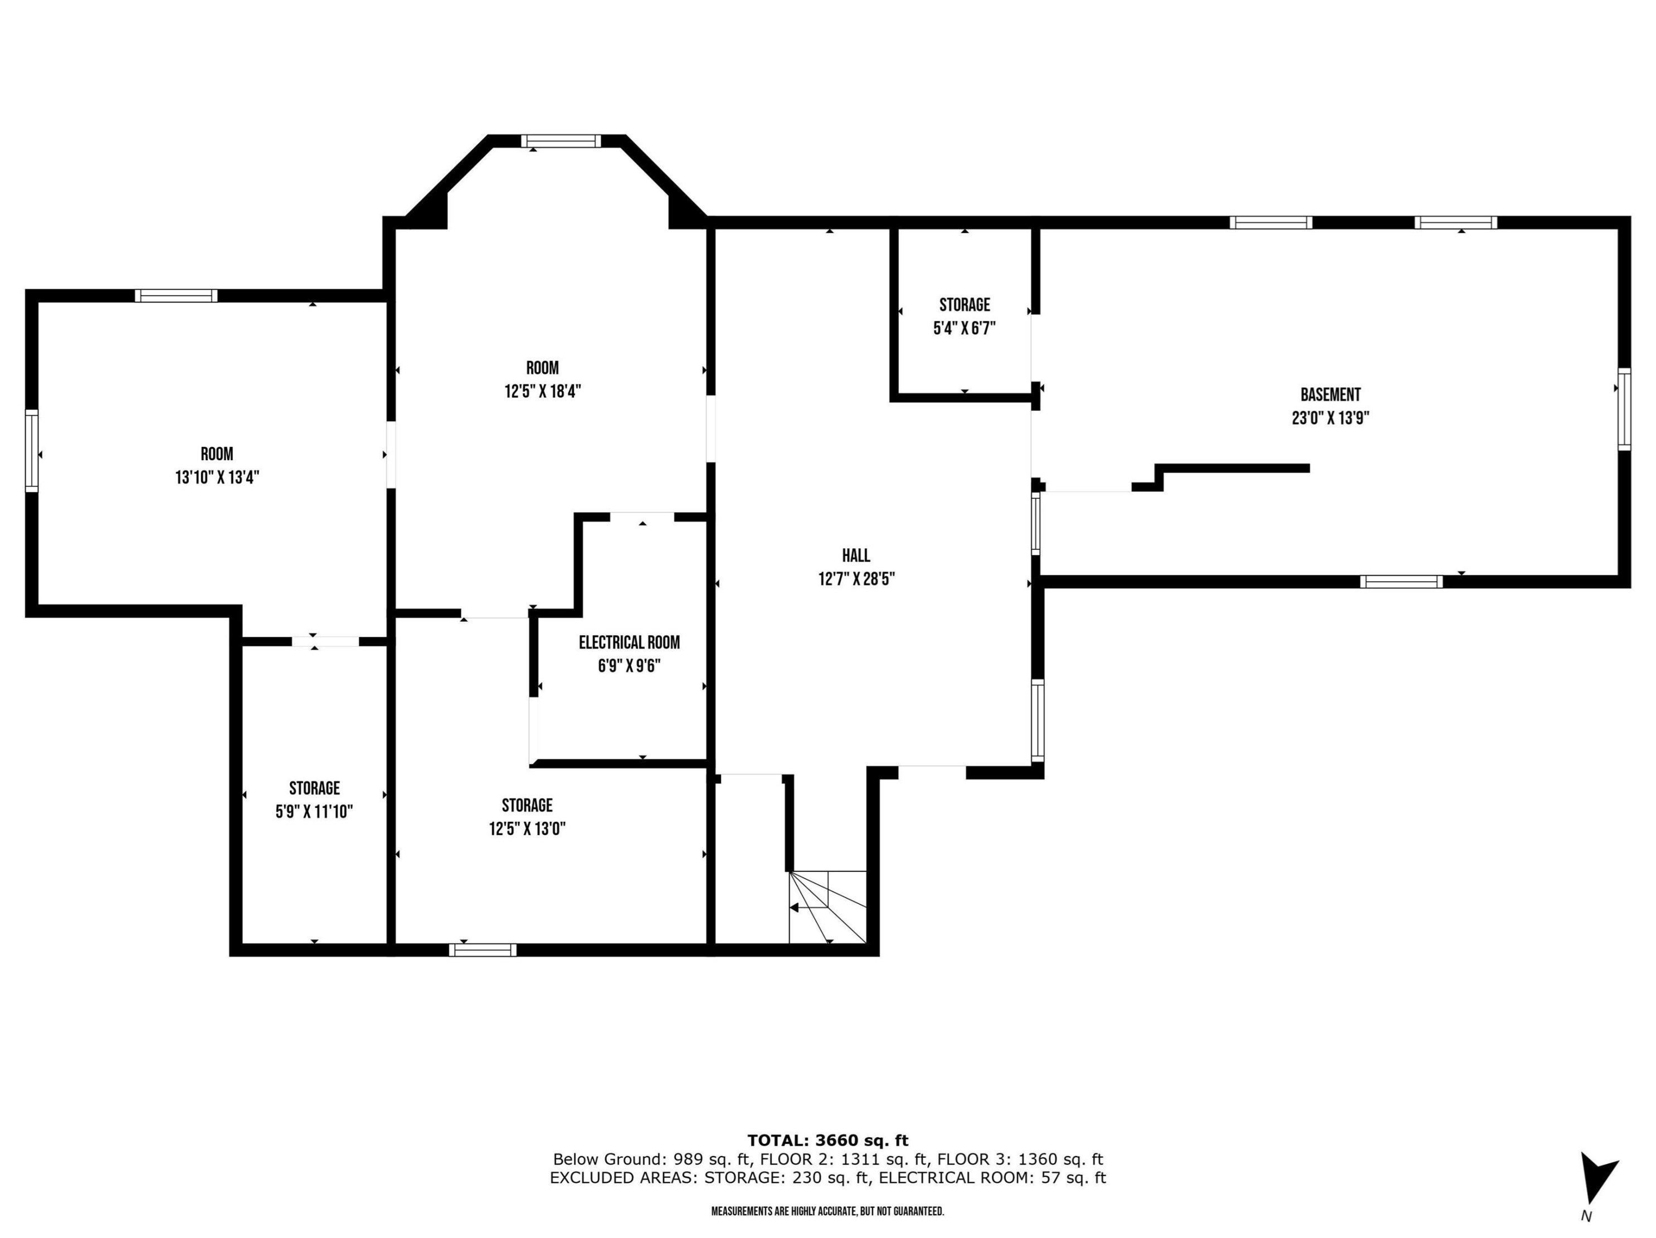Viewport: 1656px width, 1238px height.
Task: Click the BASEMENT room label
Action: tap(1331, 394)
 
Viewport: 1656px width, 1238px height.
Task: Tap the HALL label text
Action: tap(856, 555)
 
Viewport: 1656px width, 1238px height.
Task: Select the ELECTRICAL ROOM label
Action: tap(629, 642)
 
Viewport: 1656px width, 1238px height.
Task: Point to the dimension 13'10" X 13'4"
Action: tap(217, 477)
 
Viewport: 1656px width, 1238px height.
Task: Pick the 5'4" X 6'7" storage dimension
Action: tap(965, 328)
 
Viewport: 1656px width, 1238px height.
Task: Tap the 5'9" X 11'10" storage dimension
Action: tap(314, 811)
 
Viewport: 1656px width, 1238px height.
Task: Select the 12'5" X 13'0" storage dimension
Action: tap(527, 828)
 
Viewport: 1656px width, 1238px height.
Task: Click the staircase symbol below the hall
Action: tap(828, 906)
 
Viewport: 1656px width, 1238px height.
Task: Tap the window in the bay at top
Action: tap(561, 141)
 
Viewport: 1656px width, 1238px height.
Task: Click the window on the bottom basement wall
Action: tap(1401, 582)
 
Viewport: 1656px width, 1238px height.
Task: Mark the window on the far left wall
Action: tap(31, 451)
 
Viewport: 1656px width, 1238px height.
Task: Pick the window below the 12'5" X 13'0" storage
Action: tap(483, 950)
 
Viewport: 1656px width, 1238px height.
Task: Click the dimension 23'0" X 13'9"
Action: tap(1331, 418)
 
